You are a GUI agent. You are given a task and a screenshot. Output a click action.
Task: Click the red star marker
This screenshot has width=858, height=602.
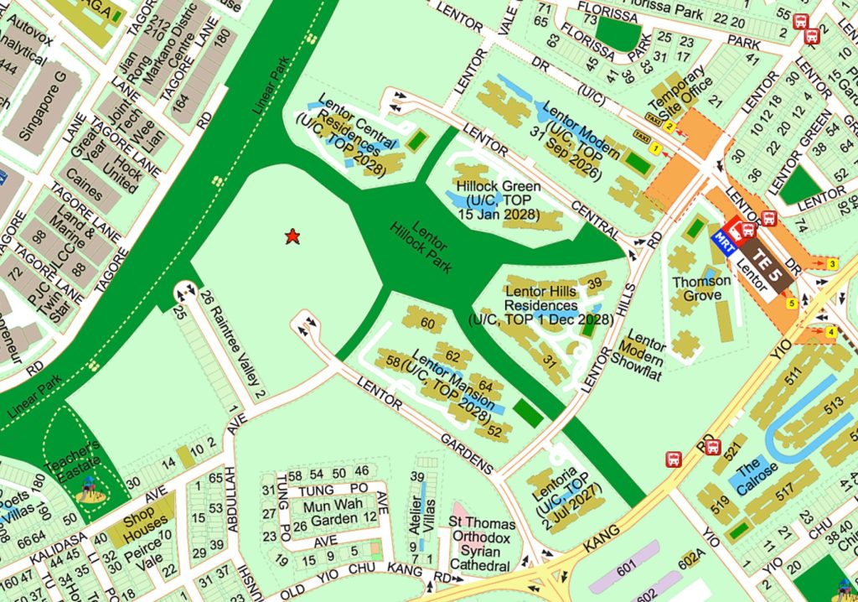pyautogui.click(x=292, y=237)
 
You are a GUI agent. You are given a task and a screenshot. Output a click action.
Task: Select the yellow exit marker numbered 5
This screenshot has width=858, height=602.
pyautogui.click(x=792, y=304)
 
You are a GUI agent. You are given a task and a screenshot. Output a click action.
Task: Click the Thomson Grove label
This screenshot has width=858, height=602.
pyautogui.click(x=701, y=289)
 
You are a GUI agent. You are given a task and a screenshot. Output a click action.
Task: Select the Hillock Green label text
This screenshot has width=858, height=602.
pyautogui.click(x=499, y=184)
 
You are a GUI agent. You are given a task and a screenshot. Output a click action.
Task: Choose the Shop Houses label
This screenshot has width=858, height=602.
pyautogui.click(x=146, y=524)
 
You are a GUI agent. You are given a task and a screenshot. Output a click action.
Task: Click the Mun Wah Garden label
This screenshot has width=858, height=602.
pyautogui.click(x=333, y=511)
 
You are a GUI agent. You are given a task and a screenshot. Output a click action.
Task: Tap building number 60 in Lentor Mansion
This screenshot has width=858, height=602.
pyautogui.click(x=428, y=324)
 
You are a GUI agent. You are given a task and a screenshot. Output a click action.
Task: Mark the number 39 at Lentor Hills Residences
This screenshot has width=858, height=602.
pyautogui.click(x=595, y=284)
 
